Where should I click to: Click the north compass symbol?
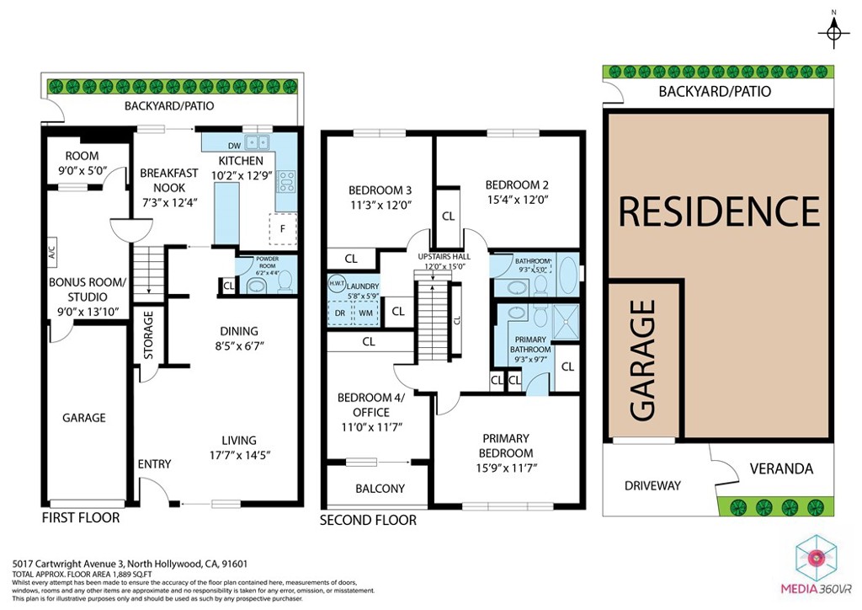tap(833, 31)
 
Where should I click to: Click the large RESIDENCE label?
tap(719, 211)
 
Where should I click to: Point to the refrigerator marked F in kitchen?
tap(282, 227)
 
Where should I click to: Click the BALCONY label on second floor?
tap(380, 488)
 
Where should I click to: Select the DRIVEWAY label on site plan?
tap(652, 485)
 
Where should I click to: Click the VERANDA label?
tap(780, 468)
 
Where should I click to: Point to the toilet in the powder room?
tap(284, 281)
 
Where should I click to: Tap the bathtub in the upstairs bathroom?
tap(567, 274)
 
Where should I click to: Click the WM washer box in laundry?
tap(365, 313)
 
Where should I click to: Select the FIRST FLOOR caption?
tap(81, 517)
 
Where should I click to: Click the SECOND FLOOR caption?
tap(368, 521)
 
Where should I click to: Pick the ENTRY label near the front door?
tap(154, 464)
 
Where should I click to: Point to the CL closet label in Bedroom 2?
tap(449, 217)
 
